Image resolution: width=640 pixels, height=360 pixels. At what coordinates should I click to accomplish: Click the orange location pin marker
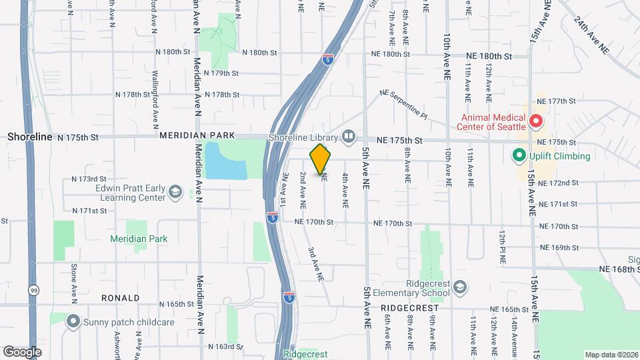tap(321, 159)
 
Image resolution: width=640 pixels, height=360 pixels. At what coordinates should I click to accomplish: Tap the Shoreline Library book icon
tap(349, 138)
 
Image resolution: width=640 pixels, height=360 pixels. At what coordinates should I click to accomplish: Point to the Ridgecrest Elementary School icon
tap(460, 287)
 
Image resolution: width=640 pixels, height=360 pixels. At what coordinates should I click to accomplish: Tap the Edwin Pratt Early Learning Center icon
tap(175, 193)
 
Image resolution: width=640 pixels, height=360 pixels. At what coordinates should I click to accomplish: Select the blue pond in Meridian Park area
tap(225, 161)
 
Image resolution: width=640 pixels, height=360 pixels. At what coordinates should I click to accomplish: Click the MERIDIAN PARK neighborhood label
tap(197, 135)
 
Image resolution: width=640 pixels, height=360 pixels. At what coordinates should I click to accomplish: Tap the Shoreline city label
tap(29, 137)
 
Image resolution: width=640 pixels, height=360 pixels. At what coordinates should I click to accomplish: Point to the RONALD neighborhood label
tap(120, 298)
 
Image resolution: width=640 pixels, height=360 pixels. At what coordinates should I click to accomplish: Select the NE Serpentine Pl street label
tap(403, 105)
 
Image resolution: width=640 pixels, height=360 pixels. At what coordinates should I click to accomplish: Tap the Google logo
tap(22, 351)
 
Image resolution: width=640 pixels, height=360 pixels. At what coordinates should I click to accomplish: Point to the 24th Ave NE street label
tap(591, 35)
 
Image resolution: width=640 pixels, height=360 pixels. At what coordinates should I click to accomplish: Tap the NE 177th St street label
tap(557, 101)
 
